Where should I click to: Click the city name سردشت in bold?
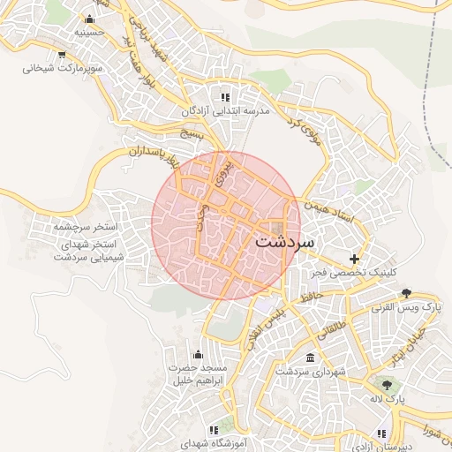click(284, 240)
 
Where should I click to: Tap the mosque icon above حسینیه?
click(88, 19)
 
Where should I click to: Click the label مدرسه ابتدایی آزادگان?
click(224, 112)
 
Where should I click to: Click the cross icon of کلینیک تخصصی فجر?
click(354, 259)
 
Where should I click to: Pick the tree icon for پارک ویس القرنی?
click(406, 293)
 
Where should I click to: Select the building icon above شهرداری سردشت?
click(309, 358)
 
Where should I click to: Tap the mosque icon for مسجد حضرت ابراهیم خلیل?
click(209, 354)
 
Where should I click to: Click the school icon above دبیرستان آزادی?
click(381, 433)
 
